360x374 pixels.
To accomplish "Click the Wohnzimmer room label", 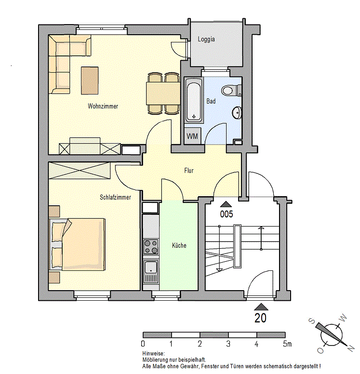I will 103,106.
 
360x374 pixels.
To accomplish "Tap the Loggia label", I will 206,40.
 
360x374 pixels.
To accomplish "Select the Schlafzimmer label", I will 115,197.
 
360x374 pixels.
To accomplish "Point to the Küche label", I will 179,245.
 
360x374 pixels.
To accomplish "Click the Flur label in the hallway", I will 189,171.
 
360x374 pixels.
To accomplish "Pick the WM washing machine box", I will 192,136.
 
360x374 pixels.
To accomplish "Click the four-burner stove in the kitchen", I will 151,247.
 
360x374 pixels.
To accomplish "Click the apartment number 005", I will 227,214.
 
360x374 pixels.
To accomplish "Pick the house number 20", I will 261,318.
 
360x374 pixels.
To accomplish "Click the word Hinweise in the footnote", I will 153,354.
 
